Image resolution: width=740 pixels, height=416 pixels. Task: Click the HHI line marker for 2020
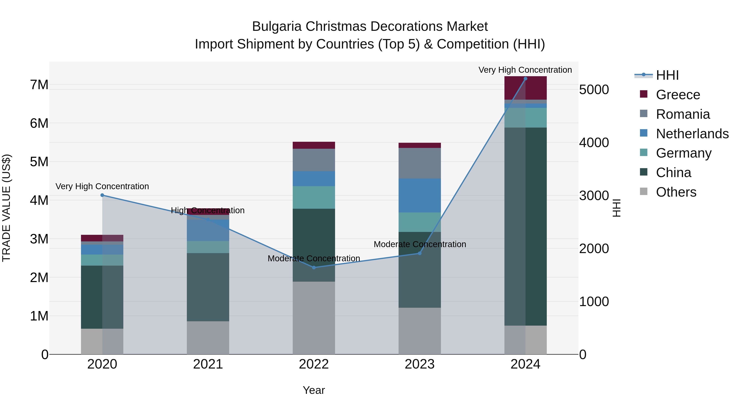102,195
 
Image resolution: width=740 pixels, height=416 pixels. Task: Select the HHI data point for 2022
314,267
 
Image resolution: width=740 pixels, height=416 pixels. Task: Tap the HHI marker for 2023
419,253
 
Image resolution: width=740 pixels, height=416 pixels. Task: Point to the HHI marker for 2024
525,79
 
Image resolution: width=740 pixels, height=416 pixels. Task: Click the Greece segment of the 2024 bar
525,88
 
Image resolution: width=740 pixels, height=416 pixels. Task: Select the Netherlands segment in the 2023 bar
419,196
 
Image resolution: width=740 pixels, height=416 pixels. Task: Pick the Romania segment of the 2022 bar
314,160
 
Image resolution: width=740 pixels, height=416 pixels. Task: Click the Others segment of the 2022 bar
314,318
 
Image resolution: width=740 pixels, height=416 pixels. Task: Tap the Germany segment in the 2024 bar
525,118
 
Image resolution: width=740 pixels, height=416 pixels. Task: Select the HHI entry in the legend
667,75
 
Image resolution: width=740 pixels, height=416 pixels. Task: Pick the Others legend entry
676,192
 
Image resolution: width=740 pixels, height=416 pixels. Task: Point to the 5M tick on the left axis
39,162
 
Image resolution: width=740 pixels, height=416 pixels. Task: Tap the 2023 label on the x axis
419,364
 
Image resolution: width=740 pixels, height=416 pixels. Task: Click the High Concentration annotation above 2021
208,210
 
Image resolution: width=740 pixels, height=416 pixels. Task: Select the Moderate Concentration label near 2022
314,258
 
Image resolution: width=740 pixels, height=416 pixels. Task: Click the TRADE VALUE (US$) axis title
6,208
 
